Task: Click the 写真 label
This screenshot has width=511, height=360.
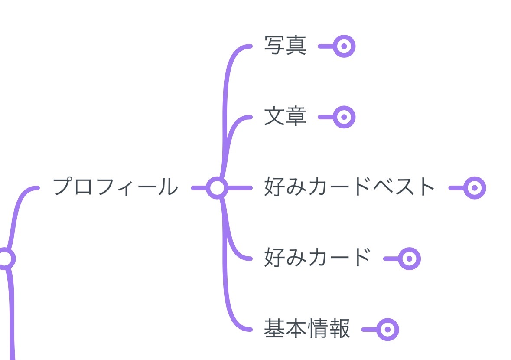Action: click(285, 46)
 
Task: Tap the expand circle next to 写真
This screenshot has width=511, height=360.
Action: click(344, 46)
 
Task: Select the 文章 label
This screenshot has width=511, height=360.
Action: click(285, 117)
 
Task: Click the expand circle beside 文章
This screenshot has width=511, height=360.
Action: click(344, 117)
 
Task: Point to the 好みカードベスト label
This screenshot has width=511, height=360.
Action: click(349, 187)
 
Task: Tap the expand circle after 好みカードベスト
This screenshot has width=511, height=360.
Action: click(475, 188)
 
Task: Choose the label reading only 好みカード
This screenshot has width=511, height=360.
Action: click(317, 258)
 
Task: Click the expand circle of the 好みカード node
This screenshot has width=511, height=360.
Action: click(409, 259)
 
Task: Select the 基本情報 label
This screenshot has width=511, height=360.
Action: click(307, 329)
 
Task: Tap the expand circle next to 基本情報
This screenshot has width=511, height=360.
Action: click(387, 329)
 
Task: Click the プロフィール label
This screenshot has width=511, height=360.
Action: click(115, 187)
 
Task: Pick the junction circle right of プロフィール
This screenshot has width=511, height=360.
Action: click(217, 188)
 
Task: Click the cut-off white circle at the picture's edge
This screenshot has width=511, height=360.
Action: click(4, 259)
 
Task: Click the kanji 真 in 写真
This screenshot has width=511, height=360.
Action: click(296, 46)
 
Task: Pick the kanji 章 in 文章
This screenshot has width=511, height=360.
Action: click(296, 117)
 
